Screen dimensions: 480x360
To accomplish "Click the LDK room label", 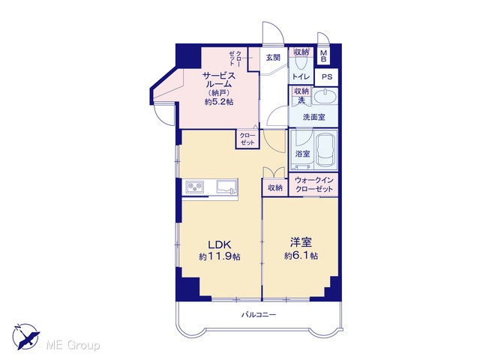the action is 219,244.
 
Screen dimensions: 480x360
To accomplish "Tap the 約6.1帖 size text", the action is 301,256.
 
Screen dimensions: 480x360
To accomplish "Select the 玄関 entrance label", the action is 273,57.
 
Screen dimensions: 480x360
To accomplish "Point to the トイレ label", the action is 301,76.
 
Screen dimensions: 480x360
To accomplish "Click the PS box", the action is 327,76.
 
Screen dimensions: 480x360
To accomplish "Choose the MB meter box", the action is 323,56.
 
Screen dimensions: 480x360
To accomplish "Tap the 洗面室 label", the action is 313,117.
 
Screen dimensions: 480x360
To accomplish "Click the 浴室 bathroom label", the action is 302,154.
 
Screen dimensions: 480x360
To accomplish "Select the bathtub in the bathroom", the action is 326,150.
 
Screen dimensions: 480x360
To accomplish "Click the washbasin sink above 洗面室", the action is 325,97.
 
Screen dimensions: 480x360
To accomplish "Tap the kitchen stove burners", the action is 195,187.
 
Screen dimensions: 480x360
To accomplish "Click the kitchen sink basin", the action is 226,187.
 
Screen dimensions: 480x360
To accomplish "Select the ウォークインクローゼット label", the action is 313,184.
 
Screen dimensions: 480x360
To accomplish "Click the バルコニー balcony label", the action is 259,314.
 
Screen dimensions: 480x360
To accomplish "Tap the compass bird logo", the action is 27,337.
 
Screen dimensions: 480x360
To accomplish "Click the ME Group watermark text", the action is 73,346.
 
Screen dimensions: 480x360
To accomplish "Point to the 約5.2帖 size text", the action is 219,102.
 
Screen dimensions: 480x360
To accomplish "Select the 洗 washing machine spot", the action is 301,100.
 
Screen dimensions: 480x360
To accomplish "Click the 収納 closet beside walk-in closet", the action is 275,187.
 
